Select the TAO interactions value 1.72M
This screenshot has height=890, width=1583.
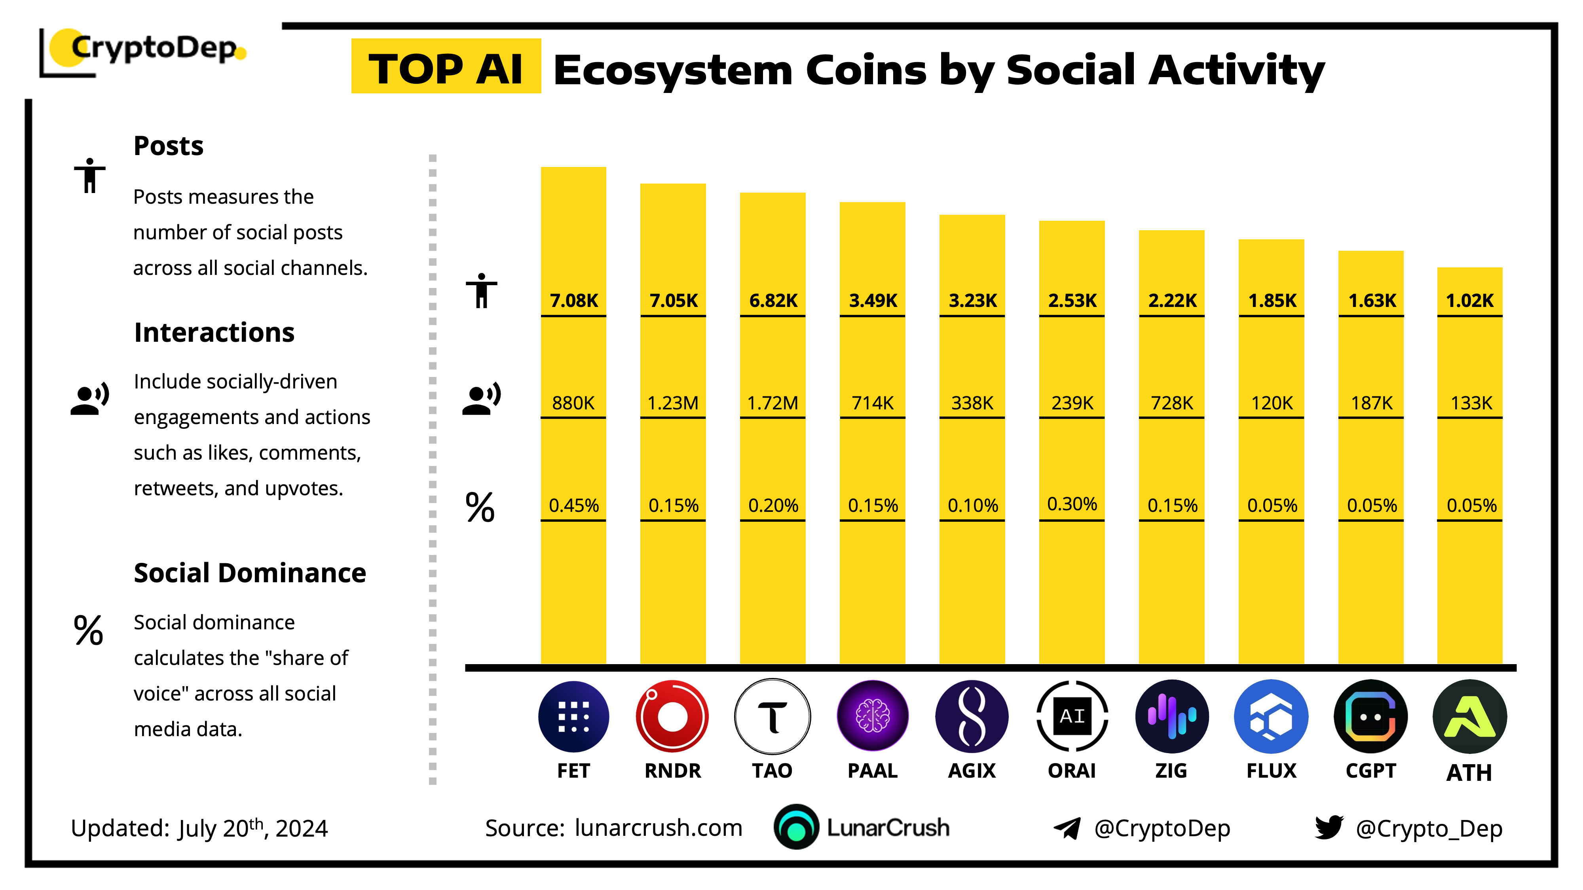pyautogui.click(x=773, y=403)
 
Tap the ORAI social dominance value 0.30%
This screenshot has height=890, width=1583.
pyautogui.click(x=1072, y=504)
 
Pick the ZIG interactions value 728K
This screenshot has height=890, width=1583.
pyautogui.click(x=1172, y=403)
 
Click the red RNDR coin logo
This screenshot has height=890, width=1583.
pyautogui.click(x=672, y=716)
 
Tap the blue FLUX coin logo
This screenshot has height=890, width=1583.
pyautogui.click(x=1271, y=716)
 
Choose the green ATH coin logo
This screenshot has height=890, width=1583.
pyautogui.click(x=1469, y=716)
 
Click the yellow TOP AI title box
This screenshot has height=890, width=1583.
pyautogui.click(x=446, y=67)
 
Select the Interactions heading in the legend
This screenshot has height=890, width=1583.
pyautogui.click(x=214, y=332)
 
